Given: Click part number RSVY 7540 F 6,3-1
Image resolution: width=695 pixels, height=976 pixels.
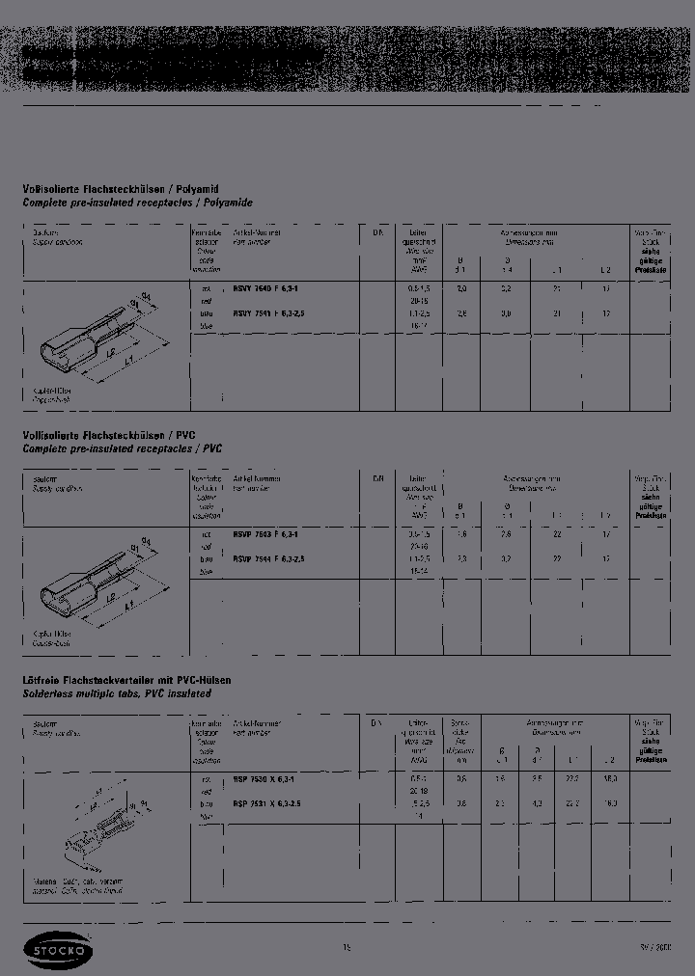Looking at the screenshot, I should (265, 287).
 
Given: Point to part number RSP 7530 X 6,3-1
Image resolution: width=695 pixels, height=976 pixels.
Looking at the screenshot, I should (265, 777).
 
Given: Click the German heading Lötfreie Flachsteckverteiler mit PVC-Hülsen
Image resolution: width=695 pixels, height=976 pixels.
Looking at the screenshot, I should (126, 680).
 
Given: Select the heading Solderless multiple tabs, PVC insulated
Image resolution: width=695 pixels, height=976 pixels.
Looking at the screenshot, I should (116, 693).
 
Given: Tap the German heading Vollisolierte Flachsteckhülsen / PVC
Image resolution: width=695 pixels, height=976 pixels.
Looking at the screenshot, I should (116, 435).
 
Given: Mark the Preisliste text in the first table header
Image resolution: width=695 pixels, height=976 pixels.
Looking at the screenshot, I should (652, 271).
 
